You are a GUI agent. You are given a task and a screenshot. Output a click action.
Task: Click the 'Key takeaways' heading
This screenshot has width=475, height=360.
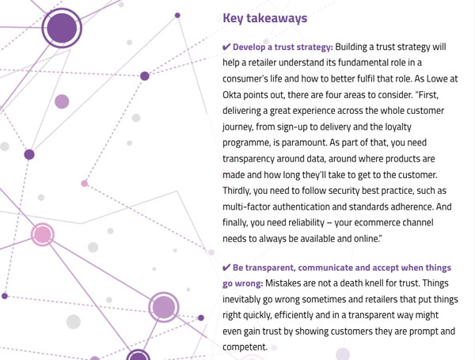pos(264,18)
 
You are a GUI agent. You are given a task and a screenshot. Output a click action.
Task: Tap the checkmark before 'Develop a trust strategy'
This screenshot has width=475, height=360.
pos(226,47)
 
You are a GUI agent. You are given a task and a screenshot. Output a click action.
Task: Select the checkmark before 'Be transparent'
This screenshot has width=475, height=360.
pos(226,267)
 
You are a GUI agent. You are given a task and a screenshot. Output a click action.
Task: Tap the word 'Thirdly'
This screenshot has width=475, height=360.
pos(236,191)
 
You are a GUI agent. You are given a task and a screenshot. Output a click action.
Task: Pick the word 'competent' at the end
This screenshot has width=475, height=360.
pos(245,347)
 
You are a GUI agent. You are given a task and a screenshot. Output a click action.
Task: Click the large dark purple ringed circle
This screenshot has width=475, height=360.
pos(62,28)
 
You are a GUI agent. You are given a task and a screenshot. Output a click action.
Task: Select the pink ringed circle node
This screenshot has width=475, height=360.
pos(43,235)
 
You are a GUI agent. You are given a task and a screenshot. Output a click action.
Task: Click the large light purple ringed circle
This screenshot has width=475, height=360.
pos(164,307)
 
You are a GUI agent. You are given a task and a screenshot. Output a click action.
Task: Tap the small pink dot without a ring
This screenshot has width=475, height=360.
pos(85,184)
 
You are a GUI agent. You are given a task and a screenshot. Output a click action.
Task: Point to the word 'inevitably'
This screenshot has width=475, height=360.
pos(241,299)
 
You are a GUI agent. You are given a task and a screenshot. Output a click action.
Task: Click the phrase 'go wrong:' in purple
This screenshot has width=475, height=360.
pos(243,284)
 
